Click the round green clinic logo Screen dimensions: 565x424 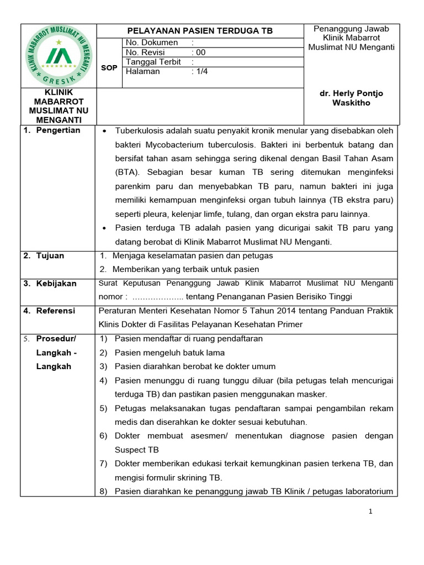click(x=59, y=56)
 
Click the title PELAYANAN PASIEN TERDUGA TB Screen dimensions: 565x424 click(x=200, y=31)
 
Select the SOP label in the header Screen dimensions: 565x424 click(x=109, y=67)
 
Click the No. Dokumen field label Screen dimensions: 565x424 click(x=152, y=42)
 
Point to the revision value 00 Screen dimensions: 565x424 click(x=198, y=52)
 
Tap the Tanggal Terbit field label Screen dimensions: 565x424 click(x=153, y=62)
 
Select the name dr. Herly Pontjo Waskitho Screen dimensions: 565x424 click(x=351, y=98)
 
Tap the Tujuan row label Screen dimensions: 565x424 click(x=50, y=255)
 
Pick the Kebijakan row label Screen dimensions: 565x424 click(x=57, y=283)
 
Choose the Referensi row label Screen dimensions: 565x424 click(x=56, y=311)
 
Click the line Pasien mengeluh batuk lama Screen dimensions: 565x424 click(x=169, y=353)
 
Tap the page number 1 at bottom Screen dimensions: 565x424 click(x=371, y=511)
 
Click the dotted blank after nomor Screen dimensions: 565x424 click(x=157, y=296)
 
